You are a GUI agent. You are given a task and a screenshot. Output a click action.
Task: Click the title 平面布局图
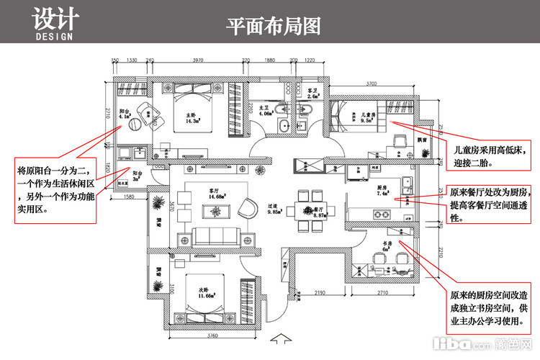tap(273, 27)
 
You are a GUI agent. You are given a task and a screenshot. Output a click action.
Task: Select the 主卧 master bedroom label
tap(192, 117)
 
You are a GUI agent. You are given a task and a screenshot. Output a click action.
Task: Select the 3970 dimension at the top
tap(202, 62)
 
